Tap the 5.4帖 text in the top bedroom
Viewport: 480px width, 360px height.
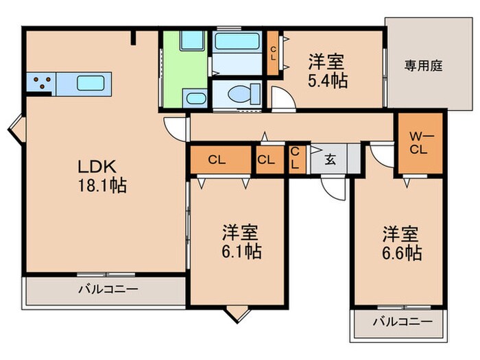pos(328,71)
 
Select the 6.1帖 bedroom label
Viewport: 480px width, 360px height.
pos(240,241)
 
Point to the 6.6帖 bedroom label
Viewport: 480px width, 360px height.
pos(402,242)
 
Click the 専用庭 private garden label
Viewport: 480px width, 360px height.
pos(423,66)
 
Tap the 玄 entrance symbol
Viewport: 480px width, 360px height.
pos(329,160)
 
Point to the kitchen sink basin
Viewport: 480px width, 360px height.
pos(90,83)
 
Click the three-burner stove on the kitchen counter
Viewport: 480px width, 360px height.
pos(41,84)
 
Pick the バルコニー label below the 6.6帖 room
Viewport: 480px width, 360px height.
pos(403,321)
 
